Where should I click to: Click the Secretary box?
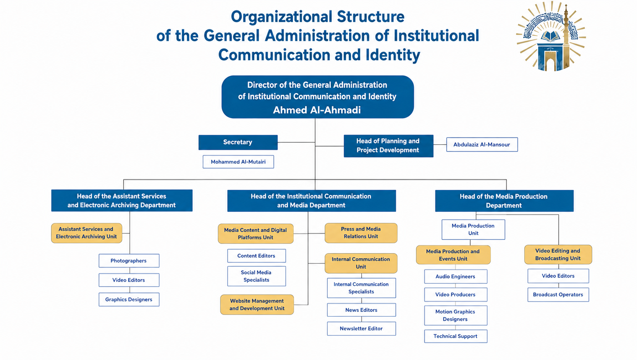pos(238,142)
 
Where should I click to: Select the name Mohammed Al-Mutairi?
pos(238,162)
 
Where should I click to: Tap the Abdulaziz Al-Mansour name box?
pos(482,144)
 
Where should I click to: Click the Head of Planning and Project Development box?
pos(388,146)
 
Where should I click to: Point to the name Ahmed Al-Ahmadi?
pos(317,110)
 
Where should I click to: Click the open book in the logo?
pos(551,37)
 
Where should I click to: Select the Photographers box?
pos(129,260)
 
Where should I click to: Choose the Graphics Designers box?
pos(129,299)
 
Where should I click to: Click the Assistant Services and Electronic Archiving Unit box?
pos(87,233)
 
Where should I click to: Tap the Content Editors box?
pos(257,256)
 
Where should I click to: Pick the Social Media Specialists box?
pos(257,276)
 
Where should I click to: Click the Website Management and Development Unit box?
pos(257,305)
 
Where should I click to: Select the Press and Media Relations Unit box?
pos(361,233)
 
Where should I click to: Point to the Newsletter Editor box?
pos(361,328)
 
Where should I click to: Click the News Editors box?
pos(361,310)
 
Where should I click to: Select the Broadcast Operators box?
pos(558,295)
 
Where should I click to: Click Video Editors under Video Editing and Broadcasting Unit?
pos(558,276)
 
